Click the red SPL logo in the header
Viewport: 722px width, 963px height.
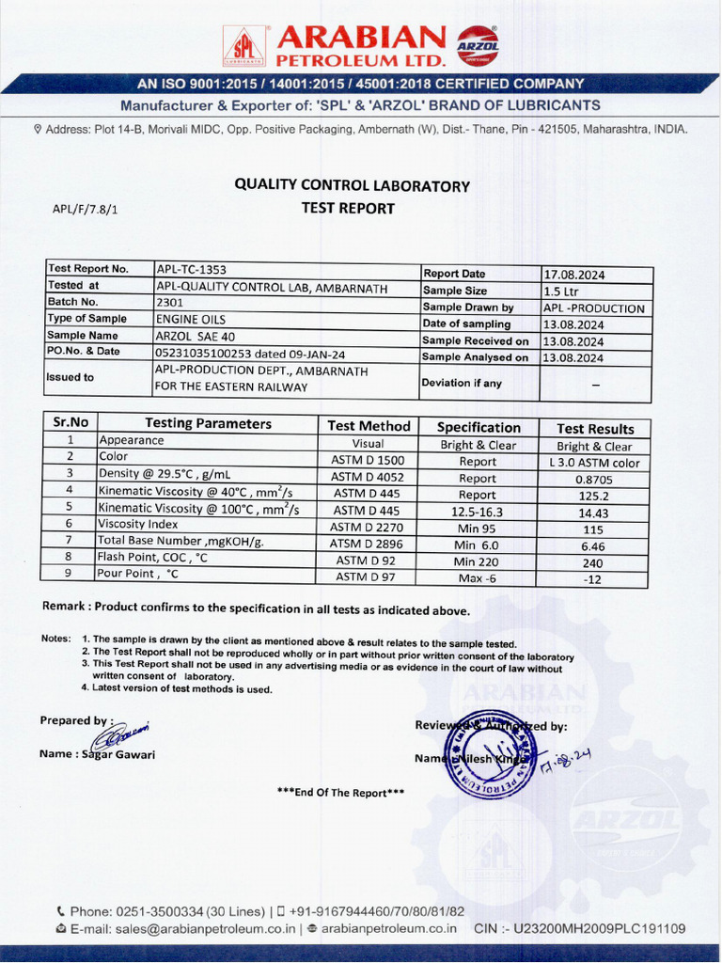244,45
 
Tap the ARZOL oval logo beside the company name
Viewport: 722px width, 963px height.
478,44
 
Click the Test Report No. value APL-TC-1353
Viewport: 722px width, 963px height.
192,269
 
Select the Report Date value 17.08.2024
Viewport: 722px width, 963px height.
573,275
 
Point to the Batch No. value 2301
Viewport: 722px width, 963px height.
170,303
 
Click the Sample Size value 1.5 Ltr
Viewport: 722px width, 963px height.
561,292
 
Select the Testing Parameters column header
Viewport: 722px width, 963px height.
208,424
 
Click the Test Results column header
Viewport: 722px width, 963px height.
595,428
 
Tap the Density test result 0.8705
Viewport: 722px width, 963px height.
594,479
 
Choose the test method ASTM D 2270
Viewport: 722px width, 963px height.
368,527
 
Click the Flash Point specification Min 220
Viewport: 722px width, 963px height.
477,561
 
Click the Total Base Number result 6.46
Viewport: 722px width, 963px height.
594,545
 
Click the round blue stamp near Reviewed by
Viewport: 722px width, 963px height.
490,753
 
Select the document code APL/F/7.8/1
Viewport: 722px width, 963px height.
85,209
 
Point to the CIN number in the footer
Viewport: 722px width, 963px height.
580,929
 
